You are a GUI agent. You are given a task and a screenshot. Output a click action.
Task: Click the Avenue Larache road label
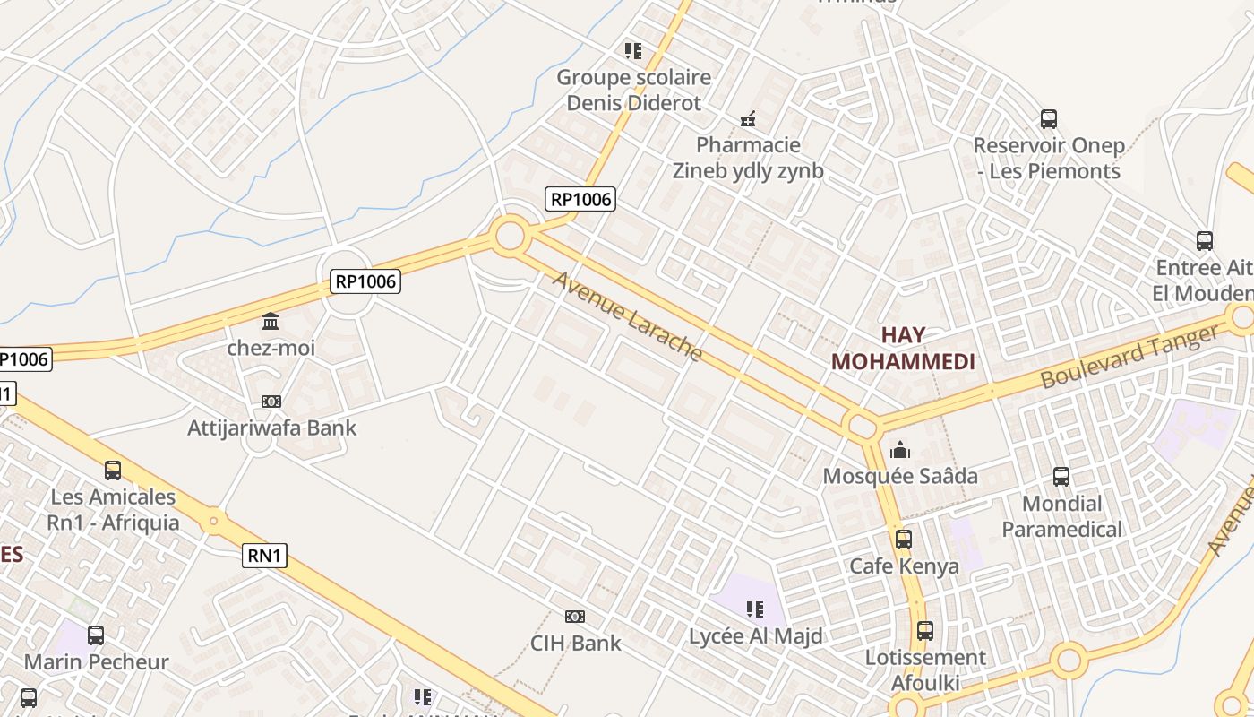click(627, 315)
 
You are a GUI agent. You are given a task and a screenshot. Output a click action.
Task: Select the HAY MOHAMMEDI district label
click(902, 349)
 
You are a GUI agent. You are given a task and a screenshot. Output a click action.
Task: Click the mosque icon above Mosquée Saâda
click(900, 450)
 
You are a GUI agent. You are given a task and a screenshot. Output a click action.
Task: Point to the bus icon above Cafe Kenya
click(903, 540)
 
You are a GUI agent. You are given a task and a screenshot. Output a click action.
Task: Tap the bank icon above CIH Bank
click(575, 617)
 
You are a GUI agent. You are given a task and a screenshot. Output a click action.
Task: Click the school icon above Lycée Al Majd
click(755, 610)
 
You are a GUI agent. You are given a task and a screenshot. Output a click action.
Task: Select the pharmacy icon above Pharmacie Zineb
click(748, 118)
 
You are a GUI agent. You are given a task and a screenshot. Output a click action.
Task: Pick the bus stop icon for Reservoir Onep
click(1048, 118)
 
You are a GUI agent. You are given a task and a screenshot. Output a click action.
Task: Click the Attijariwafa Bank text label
click(271, 428)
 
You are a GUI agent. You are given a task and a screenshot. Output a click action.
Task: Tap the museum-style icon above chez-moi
click(271, 321)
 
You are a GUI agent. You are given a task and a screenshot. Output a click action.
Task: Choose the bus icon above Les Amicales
click(113, 470)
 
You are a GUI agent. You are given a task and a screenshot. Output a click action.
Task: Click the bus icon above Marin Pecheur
click(96, 635)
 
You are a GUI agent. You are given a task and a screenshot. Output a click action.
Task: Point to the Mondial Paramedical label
click(1061, 516)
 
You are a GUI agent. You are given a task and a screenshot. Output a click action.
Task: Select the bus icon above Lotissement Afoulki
click(924, 631)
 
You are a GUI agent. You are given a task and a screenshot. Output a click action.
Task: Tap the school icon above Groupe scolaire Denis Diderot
click(633, 51)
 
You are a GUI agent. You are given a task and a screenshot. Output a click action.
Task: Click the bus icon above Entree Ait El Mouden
click(1205, 240)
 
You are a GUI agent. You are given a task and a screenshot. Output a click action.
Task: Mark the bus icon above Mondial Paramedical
click(1061, 477)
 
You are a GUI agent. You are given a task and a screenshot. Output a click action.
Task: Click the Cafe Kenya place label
click(904, 566)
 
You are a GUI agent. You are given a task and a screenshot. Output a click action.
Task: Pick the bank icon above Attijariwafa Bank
click(271, 402)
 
